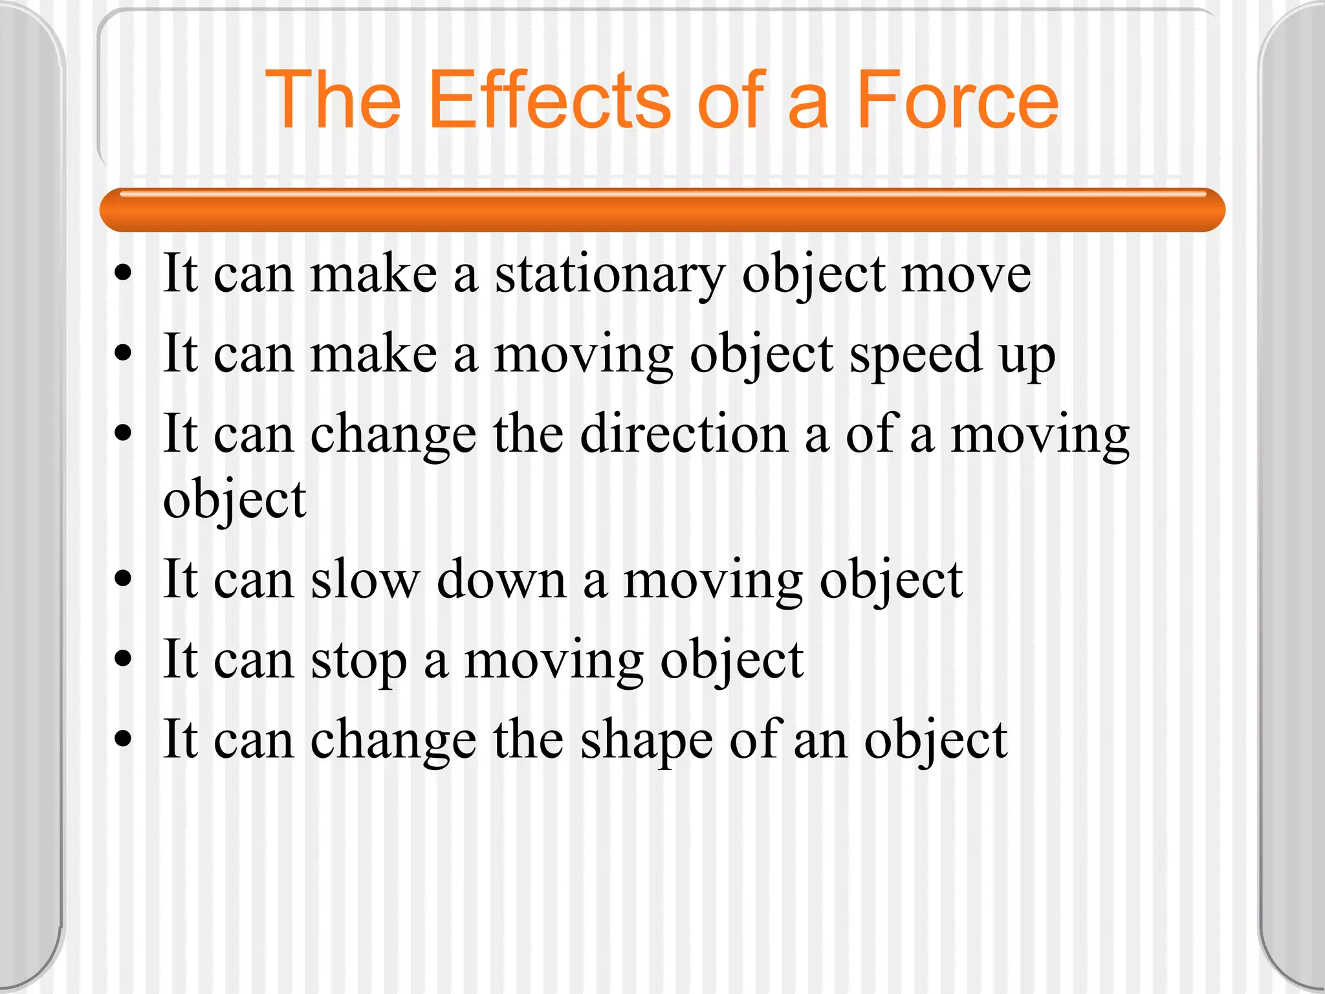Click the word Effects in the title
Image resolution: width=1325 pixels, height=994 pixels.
tap(549, 100)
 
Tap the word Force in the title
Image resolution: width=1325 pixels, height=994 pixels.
tap(957, 100)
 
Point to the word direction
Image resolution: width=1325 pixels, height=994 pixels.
tap(684, 434)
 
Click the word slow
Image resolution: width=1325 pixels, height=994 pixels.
tap(365, 579)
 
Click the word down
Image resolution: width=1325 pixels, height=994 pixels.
tap(502, 579)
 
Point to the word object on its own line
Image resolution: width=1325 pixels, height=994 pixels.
tap(234, 500)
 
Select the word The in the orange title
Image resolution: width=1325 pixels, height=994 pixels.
tap(333, 100)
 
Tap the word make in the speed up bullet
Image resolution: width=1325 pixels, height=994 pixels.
tap(374, 354)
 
